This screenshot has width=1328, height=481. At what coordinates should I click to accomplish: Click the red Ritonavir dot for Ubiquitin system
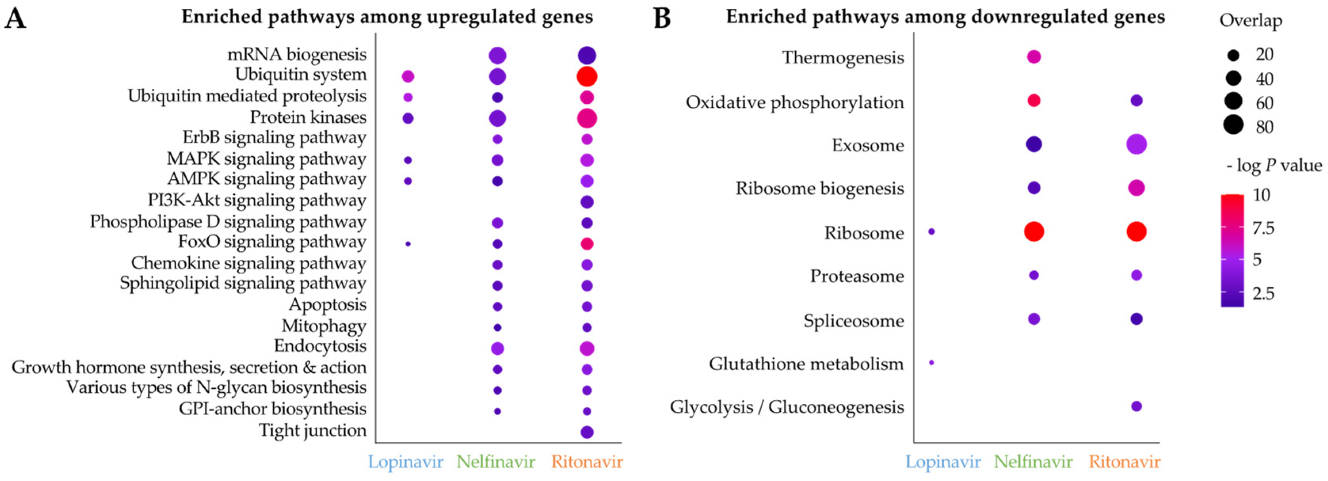point(587,76)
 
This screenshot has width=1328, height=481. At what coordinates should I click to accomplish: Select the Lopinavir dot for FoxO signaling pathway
point(408,244)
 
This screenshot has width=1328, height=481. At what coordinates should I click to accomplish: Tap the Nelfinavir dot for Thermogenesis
point(1034,57)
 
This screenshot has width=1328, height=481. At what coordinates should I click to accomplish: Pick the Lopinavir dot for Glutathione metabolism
point(931,362)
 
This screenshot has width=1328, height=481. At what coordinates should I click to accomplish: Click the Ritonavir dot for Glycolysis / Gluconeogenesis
point(1136,406)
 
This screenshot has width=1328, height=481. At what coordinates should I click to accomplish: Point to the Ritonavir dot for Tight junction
point(587,432)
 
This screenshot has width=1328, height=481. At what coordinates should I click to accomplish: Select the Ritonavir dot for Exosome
point(1136,144)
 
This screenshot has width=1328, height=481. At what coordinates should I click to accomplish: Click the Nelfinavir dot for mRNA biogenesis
point(497,55)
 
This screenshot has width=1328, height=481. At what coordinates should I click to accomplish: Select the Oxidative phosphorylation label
point(795,102)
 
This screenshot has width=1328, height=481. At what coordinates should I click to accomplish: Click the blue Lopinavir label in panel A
point(405,462)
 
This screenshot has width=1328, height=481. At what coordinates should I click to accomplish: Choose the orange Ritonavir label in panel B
point(1124,462)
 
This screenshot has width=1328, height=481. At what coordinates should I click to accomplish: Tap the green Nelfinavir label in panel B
point(1033,462)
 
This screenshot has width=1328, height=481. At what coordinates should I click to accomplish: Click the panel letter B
point(663,19)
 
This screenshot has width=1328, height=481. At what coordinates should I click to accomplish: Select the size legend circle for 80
point(1234,125)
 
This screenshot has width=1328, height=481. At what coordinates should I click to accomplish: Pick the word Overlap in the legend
point(1251,21)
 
